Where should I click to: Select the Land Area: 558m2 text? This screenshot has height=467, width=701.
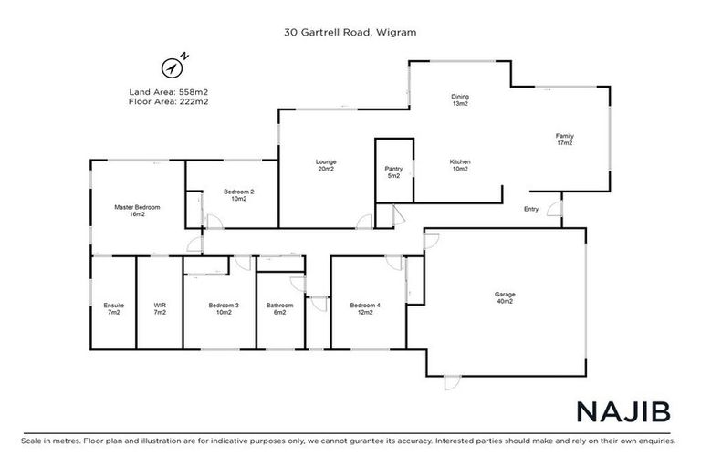click(x=169, y=91)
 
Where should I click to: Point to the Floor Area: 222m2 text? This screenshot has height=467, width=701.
click(x=169, y=101)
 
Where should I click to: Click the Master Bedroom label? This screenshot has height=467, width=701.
click(x=137, y=211)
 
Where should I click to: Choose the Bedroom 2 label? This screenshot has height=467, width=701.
click(x=238, y=195)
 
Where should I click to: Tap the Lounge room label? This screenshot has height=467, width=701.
click(x=327, y=166)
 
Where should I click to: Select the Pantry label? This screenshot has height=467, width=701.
click(x=394, y=171)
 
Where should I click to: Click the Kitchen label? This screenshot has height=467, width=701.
click(x=459, y=165)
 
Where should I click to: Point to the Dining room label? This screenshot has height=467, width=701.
click(x=460, y=99)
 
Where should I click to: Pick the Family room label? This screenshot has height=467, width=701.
click(x=565, y=140)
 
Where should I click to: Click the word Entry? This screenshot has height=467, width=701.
click(x=530, y=209)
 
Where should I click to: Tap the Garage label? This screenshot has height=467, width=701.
click(x=505, y=297)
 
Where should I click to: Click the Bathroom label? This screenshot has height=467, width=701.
click(x=280, y=308)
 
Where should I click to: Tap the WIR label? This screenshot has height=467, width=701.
click(x=160, y=308)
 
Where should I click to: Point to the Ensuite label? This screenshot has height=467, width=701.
click(x=114, y=308)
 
